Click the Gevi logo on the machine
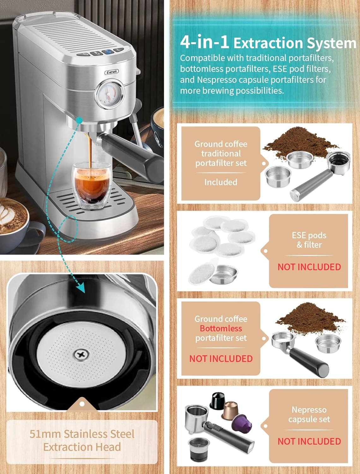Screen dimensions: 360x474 [x=111, y=72]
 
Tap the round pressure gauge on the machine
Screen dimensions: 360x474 [x=109, y=94]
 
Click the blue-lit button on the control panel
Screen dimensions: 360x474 [x=108, y=52]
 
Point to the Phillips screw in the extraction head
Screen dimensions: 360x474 [x=81, y=355]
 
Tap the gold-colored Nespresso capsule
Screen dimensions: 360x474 [x=230, y=410]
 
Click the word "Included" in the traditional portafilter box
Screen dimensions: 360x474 [x=221, y=182]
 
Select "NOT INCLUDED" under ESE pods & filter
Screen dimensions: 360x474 [x=309, y=267]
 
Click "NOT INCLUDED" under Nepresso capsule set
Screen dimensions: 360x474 [x=309, y=441]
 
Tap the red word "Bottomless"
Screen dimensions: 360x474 [x=221, y=328]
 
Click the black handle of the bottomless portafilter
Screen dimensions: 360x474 [x=309, y=362]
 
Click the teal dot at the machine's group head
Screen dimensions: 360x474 [x=79, y=120]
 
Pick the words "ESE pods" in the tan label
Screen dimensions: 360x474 [x=309, y=235]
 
